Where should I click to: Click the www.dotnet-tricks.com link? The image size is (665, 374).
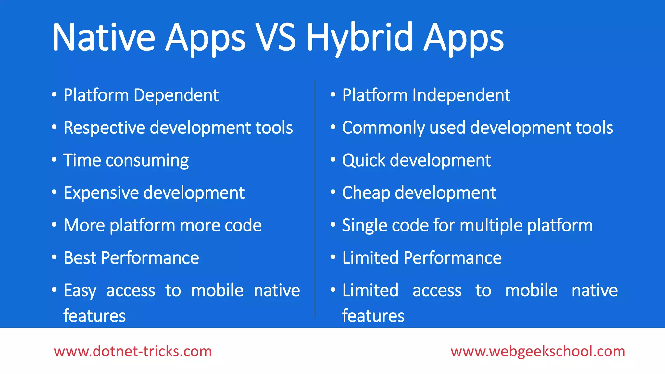[x=133, y=351]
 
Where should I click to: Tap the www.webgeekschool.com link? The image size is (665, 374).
[x=538, y=351]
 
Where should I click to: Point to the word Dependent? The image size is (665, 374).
[x=176, y=95]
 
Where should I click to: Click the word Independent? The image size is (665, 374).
[x=461, y=95]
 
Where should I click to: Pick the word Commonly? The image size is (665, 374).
[x=383, y=128]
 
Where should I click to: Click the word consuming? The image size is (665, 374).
[x=147, y=161]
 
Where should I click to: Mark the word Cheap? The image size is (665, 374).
[x=366, y=193]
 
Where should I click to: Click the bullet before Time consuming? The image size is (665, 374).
[x=54, y=159]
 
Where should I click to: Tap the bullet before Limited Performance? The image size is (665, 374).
[x=333, y=257]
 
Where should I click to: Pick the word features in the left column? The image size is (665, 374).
[x=94, y=316]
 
